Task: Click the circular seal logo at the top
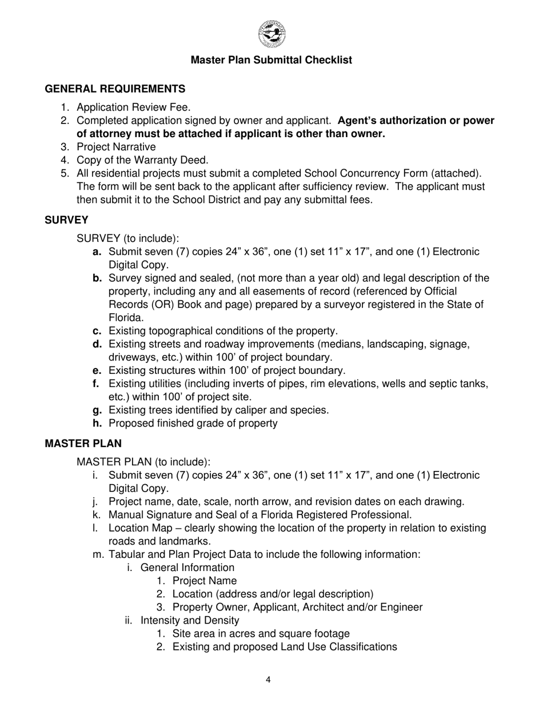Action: [x=271, y=34]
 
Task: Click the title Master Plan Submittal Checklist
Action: [x=271, y=60]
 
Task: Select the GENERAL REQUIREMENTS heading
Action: [x=115, y=89]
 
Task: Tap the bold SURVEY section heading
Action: [x=66, y=220]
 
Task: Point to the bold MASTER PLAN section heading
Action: [x=83, y=444]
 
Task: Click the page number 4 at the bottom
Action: [x=268, y=680]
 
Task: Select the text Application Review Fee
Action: [x=134, y=107]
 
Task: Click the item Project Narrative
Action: [x=116, y=147]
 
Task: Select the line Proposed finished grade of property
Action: [x=193, y=424]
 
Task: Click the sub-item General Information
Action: [x=187, y=568]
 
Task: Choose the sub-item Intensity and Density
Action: [x=189, y=620]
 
